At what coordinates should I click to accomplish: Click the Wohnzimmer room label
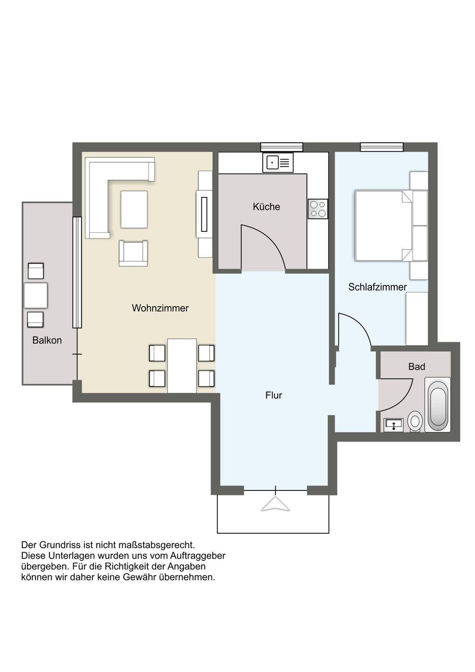[x=160, y=308]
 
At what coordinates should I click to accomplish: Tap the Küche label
[x=266, y=207]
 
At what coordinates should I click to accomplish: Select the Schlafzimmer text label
[x=377, y=287]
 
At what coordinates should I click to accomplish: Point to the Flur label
[x=274, y=395]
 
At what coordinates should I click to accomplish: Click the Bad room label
[x=417, y=367]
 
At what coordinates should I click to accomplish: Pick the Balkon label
[x=47, y=340]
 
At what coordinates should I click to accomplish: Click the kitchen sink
[x=278, y=162]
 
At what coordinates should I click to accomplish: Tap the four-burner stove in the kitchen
[x=318, y=209]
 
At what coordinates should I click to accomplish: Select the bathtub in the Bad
[x=438, y=405]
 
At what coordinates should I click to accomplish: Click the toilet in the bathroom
[x=415, y=421]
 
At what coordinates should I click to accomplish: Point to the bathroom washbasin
[x=393, y=425]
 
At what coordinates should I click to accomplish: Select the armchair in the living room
[x=133, y=253]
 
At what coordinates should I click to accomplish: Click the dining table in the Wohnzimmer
[x=182, y=365]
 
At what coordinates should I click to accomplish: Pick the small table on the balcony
[x=35, y=295]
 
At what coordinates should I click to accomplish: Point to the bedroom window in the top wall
[x=382, y=147]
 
